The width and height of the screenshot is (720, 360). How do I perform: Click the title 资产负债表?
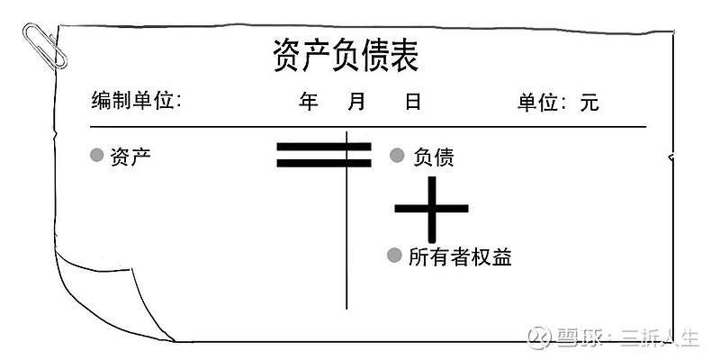click(346, 55)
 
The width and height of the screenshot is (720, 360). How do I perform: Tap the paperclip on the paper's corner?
click(44, 46)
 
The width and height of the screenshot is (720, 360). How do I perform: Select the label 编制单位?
click(131, 101)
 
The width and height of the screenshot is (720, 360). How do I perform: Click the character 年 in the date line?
click(308, 101)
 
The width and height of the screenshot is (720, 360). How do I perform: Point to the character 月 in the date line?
click(356, 101)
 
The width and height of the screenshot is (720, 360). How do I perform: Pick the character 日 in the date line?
click(413, 101)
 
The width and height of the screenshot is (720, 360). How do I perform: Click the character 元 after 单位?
click(589, 102)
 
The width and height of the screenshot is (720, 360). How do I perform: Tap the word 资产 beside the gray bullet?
click(130, 157)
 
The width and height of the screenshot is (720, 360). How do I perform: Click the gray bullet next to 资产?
click(96, 155)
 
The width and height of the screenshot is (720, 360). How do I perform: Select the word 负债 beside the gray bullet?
click(434, 157)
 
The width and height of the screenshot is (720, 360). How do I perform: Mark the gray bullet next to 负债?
click(397, 155)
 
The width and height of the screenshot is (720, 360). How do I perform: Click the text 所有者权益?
click(460, 256)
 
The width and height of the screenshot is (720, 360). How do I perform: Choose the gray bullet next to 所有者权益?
click(394, 256)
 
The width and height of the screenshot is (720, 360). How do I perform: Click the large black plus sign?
click(432, 209)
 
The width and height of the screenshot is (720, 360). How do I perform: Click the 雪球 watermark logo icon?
click(538, 337)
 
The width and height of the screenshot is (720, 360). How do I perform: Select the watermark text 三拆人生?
click(661, 338)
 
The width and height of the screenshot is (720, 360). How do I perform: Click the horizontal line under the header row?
click(368, 126)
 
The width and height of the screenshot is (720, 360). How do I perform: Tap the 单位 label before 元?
click(537, 102)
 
